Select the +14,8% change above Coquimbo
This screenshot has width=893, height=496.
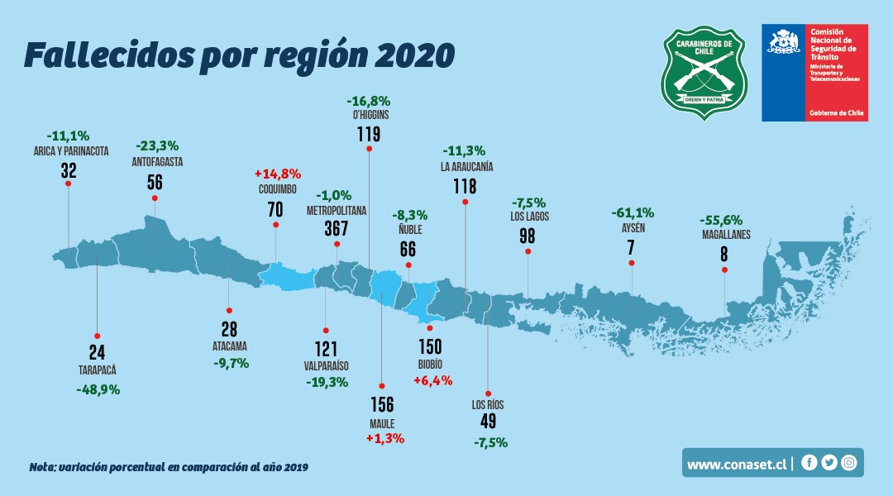(277, 174)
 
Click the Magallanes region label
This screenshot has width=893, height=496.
(724, 234)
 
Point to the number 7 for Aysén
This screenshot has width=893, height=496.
(631, 247)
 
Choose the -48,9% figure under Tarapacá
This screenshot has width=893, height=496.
(98, 389)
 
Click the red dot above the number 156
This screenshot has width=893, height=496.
(381, 385)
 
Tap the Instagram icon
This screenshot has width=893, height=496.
(848, 463)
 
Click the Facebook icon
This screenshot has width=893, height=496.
(809, 463)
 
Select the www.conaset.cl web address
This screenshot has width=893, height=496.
(736, 465)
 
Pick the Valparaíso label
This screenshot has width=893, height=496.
(326, 365)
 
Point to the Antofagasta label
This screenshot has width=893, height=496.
(157, 162)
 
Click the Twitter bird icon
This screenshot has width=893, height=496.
(829, 463)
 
